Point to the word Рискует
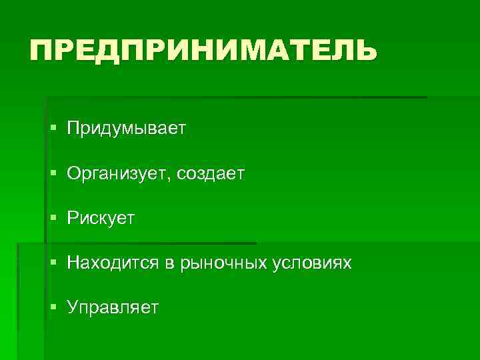101,219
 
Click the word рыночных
219,264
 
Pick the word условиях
312,264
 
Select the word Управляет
113,308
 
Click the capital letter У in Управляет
73,307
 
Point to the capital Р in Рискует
72,218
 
